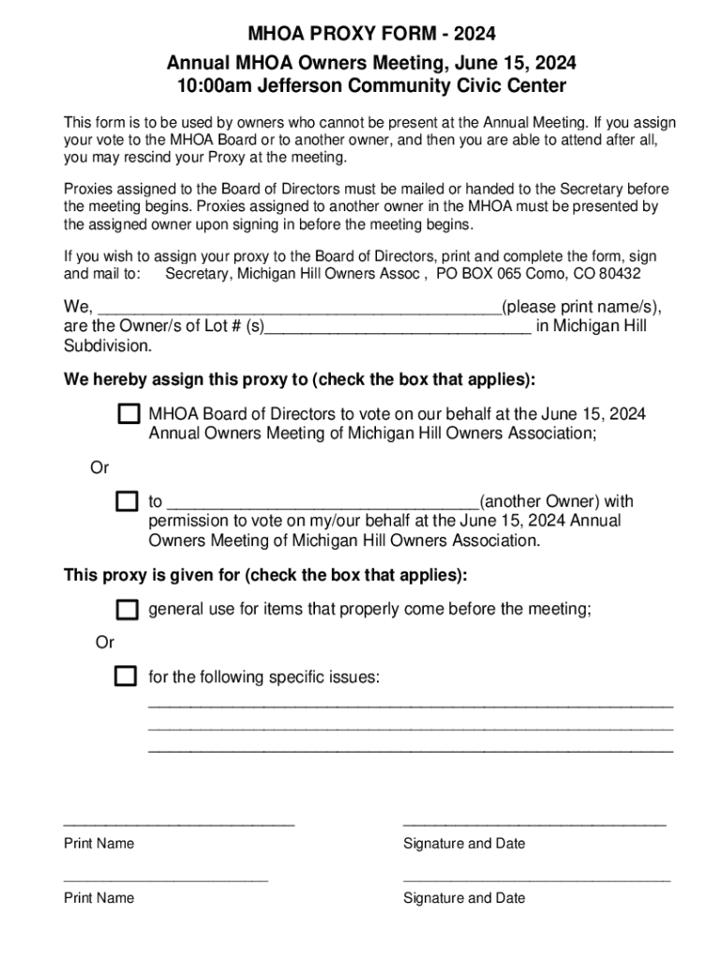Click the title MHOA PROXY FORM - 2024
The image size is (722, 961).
click(371, 35)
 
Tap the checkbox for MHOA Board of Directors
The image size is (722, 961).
click(128, 415)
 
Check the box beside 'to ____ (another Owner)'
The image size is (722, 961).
click(127, 501)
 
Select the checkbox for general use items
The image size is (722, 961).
click(127, 610)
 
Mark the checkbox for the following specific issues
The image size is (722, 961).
click(126, 677)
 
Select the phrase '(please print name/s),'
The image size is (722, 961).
click(581, 307)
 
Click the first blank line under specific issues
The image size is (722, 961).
click(411, 705)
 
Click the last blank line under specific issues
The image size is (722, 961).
click(411, 751)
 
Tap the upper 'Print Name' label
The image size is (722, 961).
click(98, 844)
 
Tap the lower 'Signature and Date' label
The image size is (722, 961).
click(464, 898)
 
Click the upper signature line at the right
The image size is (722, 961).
click(534, 824)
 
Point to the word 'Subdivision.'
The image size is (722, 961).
click(107, 345)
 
